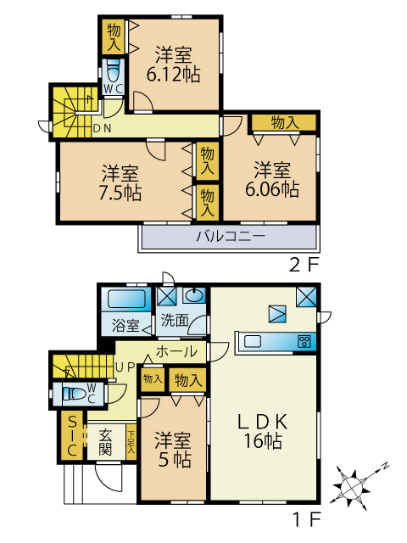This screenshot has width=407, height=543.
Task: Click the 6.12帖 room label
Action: click(x=173, y=64)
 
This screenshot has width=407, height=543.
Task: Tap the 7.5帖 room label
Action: click(x=120, y=183)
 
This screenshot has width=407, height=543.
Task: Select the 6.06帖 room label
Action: click(x=272, y=180)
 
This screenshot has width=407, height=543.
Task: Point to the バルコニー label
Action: click(x=231, y=237)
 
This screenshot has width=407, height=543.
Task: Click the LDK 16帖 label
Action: click(x=263, y=432)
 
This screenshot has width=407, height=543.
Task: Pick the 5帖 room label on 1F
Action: click(x=173, y=450)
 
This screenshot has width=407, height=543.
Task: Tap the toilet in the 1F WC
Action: click(x=74, y=394)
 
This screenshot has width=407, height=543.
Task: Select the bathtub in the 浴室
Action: click(x=126, y=299)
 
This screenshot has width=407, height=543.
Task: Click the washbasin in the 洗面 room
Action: click(x=193, y=295)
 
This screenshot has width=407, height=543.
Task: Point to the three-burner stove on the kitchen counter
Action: click(x=304, y=341)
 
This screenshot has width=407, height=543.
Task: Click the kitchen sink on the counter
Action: click(x=254, y=342)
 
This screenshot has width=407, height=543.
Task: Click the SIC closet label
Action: click(x=72, y=435)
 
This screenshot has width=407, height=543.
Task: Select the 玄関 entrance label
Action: click(x=105, y=442)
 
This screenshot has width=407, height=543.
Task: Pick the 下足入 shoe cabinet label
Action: click(x=131, y=441)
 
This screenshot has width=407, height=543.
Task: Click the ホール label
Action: click(x=177, y=352)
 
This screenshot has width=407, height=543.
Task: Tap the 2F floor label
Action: click(x=304, y=266)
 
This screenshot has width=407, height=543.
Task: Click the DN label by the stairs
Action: click(x=103, y=128)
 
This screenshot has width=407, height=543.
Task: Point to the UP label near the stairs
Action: click(x=125, y=367)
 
